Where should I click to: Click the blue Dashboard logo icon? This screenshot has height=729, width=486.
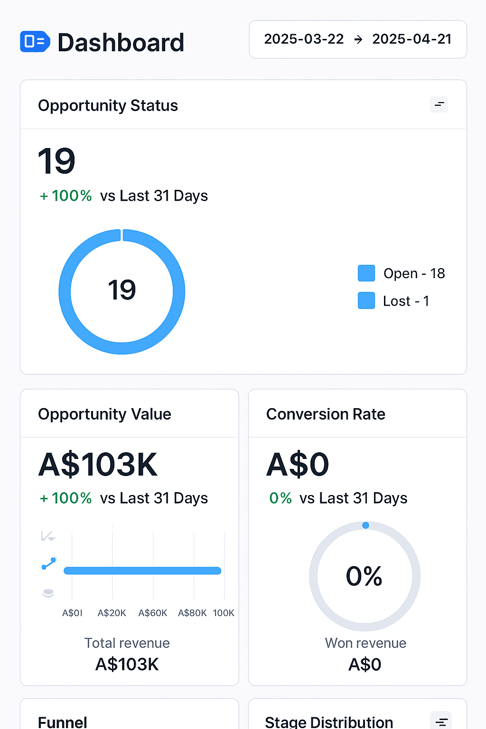[x=35, y=41]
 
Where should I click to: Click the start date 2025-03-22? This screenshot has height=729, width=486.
[x=304, y=39]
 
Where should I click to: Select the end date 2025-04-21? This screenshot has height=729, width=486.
[x=412, y=39]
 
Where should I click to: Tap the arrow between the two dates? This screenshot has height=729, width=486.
[x=358, y=39]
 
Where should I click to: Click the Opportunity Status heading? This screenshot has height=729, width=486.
[x=108, y=105]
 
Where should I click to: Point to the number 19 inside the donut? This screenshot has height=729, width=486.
[x=122, y=290]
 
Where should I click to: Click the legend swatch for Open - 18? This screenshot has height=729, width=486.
[x=366, y=273]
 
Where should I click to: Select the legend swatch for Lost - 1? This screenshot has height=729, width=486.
[x=366, y=300]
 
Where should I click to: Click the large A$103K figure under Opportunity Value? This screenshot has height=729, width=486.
[x=98, y=465]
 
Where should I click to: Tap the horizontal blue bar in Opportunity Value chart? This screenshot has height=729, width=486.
[x=142, y=570]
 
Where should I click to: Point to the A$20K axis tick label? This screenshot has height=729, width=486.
[x=112, y=613]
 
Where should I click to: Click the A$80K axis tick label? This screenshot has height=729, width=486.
[x=192, y=613]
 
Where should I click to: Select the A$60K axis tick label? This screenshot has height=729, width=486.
[x=153, y=613]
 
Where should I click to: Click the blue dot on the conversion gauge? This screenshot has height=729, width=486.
[x=365, y=525]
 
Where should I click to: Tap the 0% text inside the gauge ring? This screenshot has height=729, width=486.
[x=364, y=576]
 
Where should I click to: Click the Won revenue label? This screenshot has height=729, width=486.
[x=365, y=643]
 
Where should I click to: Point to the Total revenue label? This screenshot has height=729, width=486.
[x=127, y=643]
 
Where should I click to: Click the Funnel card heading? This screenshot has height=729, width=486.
[x=63, y=722]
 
